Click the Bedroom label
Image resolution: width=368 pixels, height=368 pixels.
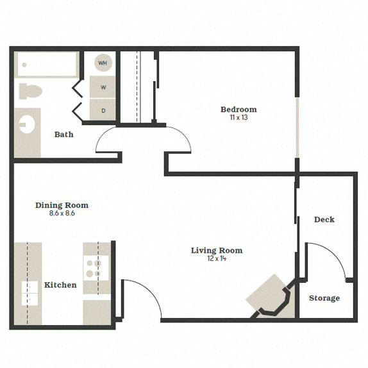[x=238, y=110]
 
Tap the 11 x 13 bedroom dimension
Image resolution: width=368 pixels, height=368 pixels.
[x=238, y=117]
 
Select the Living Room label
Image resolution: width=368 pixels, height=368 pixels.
[x=217, y=250]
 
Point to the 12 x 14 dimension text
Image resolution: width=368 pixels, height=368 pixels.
[x=217, y=258]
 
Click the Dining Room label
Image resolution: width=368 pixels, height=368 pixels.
[x=62, y=205]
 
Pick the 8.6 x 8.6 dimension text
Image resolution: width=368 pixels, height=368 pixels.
[x=62, y=213]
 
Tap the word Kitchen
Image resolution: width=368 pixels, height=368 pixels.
[x=60, y=285]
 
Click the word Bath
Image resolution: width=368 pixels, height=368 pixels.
[x=63, y=135]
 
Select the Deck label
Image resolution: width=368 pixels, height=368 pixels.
[x=324, y=219]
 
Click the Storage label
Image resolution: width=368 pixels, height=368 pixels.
[x=324, y=298]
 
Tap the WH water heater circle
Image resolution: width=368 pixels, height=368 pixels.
[x=103, y=63]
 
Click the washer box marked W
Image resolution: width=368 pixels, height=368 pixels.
[x=103, y=87]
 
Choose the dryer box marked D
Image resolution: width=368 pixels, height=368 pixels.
[x=103, y=110]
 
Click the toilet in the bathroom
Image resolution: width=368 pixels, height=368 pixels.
[x=29, y=91]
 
